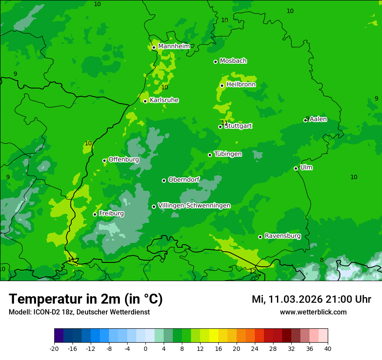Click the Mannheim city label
click(x=174, y=46)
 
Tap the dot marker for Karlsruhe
click(x=145, y=101)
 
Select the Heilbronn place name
click(x=241, y=85)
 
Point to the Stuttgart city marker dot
click(x=221, y=127)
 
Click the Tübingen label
click(x=228, y=154)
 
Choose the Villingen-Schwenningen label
click(x=194, y=206)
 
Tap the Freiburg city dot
click(x=95, y=214)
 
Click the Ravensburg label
click(x=283, y=236)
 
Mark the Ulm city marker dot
click(x=296, y=168)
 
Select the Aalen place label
click(x=318, y=119)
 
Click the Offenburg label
click(x=124, y=160)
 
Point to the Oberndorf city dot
click(x=164, y=180)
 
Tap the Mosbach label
click(x=233, y=61)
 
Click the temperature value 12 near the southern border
click(x=253, y=271)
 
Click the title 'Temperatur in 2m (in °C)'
click(x=86, y=299)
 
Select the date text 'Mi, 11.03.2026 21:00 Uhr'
click(x=311, y=299)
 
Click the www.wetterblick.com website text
click(x=313, y=312)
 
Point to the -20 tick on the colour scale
click(x=54, y=348)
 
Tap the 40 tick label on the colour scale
click(x=327, y=348)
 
